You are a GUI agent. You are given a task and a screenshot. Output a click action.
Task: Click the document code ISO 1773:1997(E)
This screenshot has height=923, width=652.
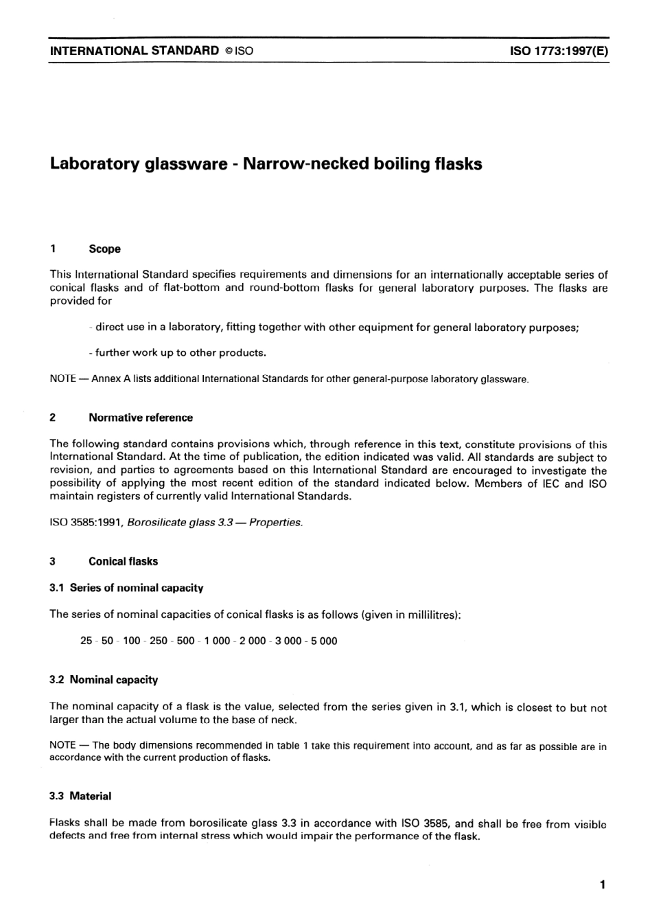tap(559, 51)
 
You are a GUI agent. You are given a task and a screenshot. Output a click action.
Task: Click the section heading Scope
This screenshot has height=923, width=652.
tap(104, 249)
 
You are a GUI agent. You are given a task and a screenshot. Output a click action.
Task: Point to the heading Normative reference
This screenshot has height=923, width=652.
tap(141, 418)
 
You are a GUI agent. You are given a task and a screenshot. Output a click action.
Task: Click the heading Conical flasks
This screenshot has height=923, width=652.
tap(123, 561)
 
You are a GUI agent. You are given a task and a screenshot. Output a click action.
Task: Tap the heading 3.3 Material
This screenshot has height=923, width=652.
tap(80, 797)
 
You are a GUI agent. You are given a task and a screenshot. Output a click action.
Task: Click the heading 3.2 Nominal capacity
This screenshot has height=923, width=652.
tap(104, 680)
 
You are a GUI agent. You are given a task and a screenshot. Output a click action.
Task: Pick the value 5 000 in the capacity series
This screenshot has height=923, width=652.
tap(324, 641)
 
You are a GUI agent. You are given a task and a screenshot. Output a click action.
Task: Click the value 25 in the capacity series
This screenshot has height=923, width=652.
tap(86, 641)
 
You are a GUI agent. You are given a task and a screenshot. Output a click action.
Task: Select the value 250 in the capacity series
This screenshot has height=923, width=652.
tap(159, 641)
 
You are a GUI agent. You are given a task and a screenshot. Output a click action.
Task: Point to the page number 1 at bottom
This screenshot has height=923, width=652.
tap(602, 885)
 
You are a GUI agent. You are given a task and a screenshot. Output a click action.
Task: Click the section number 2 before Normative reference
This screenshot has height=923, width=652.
tap(53, 418)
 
